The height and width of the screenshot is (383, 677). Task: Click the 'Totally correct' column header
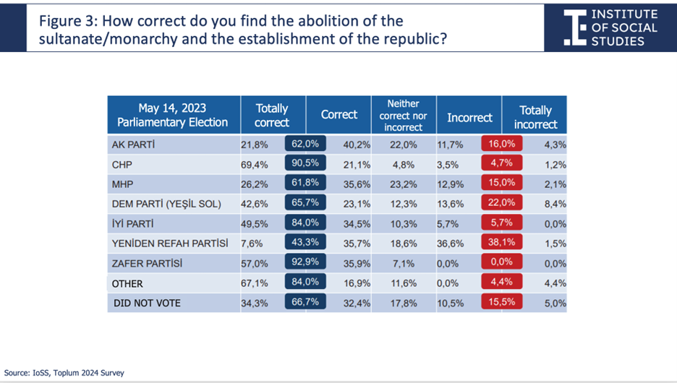pyautogui.click(x=271, y=115)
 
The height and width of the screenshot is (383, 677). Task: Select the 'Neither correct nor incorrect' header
pyautogui.click(x=404, y=115)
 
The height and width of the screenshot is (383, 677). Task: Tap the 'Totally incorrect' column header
pyautogui.click(x=535, y=117)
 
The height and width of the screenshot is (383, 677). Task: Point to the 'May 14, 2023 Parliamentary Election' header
pyautogui.click(x=172, y=115)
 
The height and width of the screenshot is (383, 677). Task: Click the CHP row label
pyautogui.click(x=122, y=165)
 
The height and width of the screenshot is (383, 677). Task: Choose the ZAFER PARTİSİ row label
pyautogui.click(x=147, y=263)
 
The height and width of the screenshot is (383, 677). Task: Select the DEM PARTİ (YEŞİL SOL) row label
pyautogui.click(x=166, y=204)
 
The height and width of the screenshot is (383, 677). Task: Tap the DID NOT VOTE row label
pyautogui.click(x=147, y=304)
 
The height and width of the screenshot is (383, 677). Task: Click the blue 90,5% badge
pyautogui.click(x=305, y=163)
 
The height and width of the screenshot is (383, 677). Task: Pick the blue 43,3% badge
pyautogui.click(x=305, y=242)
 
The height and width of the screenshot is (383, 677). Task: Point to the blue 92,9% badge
pyautogui.click(x=305, y=262)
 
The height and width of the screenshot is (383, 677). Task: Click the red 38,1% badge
pyautogui.click(x=502, y=242)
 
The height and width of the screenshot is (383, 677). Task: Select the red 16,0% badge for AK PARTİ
pyautogui.click(x=502, y=144)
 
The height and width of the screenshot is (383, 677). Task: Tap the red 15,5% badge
pyautogui.click(x=502, y=301)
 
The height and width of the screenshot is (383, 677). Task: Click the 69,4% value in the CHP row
pyautogui.click(x=255, y=165)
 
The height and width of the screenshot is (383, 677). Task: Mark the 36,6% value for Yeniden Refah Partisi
pyautogui.click(x=451, y=244)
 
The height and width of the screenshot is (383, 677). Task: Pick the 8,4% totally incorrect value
pyautogui.click(x=555, y=204)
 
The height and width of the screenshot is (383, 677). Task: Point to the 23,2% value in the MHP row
pyautogui.click(x=404, y=184)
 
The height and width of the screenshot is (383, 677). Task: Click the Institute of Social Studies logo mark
pyautogui.click(x=575, y=27)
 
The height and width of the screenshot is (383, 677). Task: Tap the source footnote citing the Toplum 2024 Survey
pyautogui.click(x=64, y=373)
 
